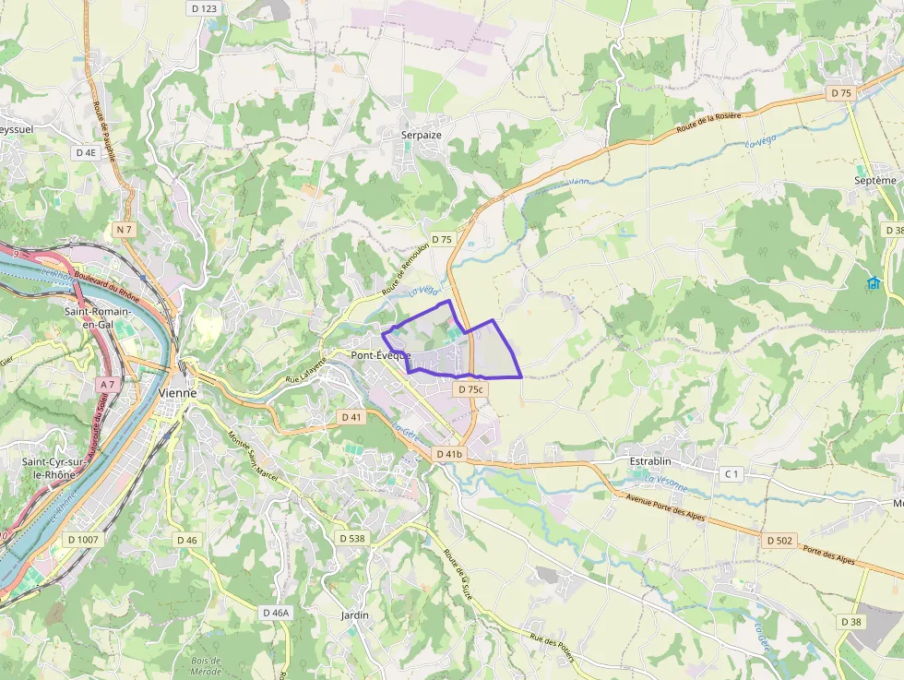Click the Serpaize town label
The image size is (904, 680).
(422, 135)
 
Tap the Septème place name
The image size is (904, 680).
(875, 180)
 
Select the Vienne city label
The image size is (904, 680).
(177, 392)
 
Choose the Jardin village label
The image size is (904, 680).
(354, 614)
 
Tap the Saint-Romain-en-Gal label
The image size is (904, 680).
(97, 317)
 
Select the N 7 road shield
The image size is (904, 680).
(125, 228)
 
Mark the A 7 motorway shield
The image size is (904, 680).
(106, 384)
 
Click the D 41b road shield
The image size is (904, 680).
(449, 454)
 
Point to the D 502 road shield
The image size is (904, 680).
(779, 541)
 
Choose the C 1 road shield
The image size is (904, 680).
(732, 474)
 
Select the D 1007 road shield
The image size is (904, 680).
(81, 539)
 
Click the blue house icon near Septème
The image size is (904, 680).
(873, 282)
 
